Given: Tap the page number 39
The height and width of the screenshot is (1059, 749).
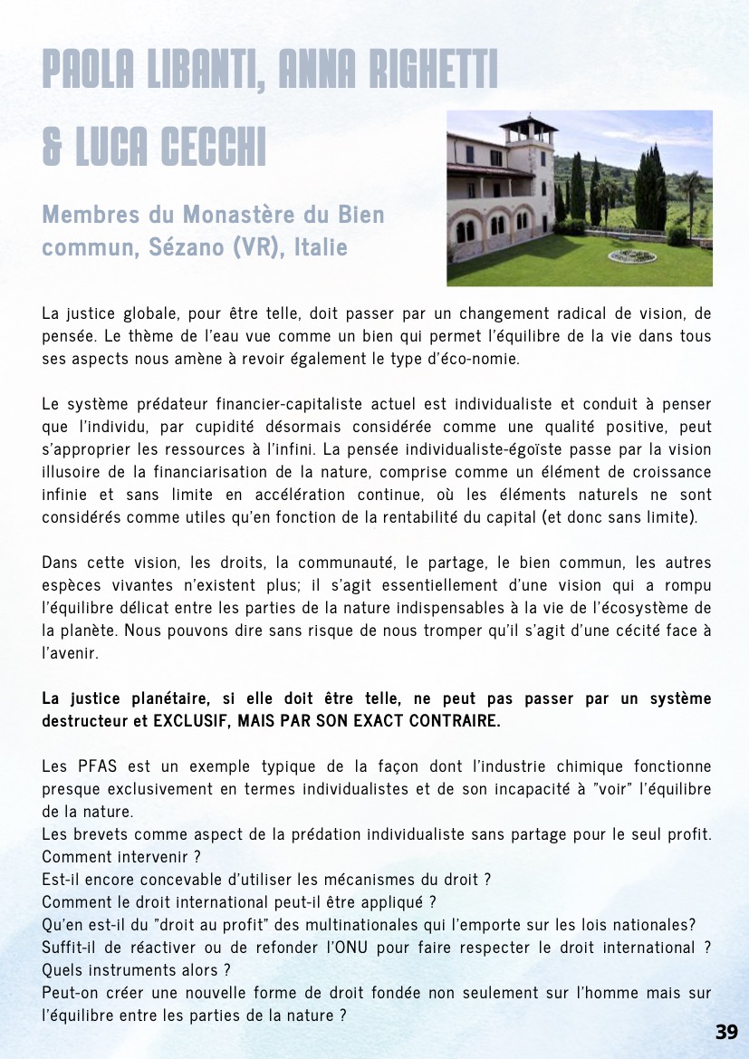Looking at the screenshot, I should click(726, 1032).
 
